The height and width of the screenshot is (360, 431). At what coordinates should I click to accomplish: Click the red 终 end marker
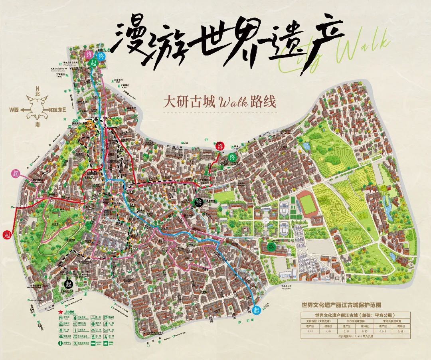220,146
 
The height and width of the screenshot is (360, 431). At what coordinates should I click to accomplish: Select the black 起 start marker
68,284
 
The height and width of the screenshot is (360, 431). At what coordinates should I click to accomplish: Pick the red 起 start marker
7,234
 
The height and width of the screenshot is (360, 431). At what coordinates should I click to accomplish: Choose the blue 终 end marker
101,56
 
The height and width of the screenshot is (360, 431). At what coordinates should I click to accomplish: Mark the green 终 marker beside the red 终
233,158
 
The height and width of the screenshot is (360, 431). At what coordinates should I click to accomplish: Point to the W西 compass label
15,109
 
